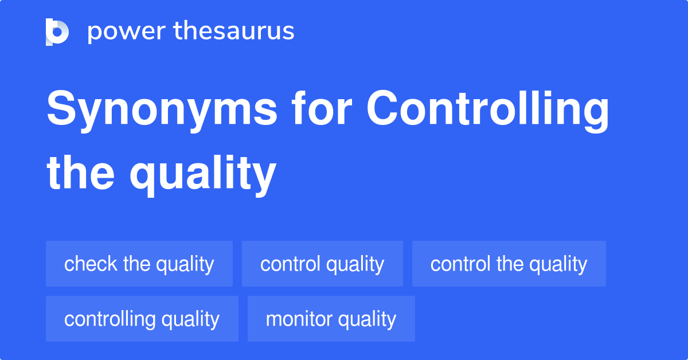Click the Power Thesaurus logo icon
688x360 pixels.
point(57,32)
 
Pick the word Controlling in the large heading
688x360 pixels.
point(488,110)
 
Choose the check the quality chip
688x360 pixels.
point(139,264)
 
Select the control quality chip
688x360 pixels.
point(322,264)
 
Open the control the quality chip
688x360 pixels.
point(509,264)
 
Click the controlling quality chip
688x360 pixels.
point(142,319)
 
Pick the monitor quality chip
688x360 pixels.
point(331,319)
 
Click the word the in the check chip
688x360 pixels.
point(136,264)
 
